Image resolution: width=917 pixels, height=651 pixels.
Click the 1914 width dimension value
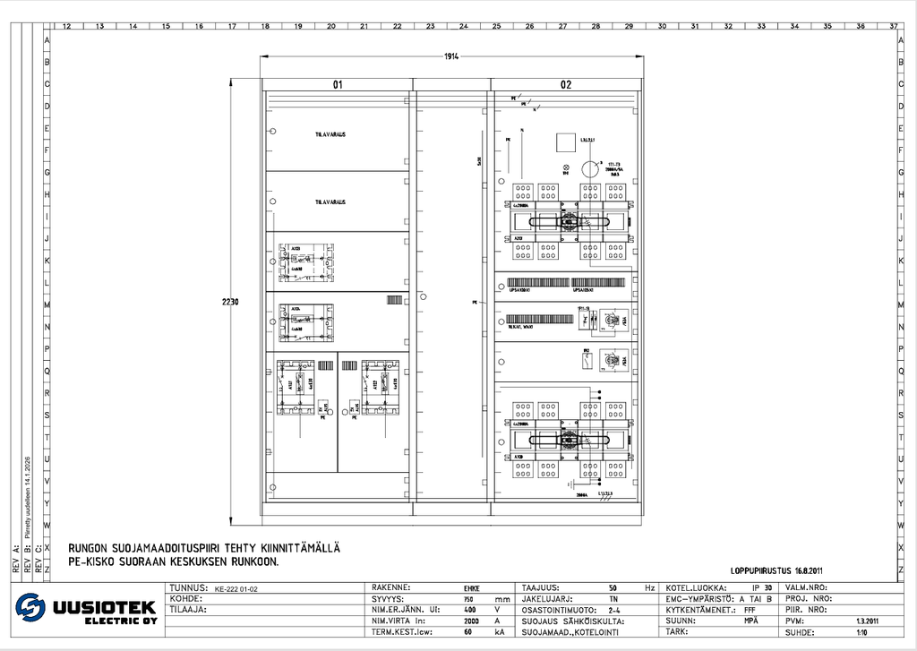(451, 56)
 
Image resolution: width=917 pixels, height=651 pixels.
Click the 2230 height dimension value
(230, 302)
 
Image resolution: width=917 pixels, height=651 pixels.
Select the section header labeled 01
(338, 85)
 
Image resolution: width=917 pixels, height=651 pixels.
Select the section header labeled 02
(566, 85)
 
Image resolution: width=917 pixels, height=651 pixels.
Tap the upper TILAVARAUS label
(330, 134)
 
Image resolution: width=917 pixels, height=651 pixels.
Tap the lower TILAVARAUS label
(330, 202)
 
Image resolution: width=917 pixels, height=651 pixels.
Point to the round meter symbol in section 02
(589, 167)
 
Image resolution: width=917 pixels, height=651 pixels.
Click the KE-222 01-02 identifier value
(236, 589)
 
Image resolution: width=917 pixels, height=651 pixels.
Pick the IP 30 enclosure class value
(762, 588)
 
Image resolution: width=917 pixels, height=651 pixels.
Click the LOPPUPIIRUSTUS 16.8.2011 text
(776, 569)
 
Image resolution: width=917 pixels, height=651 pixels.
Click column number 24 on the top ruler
(463, 26)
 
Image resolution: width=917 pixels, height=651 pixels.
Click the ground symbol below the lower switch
(570, 484)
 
